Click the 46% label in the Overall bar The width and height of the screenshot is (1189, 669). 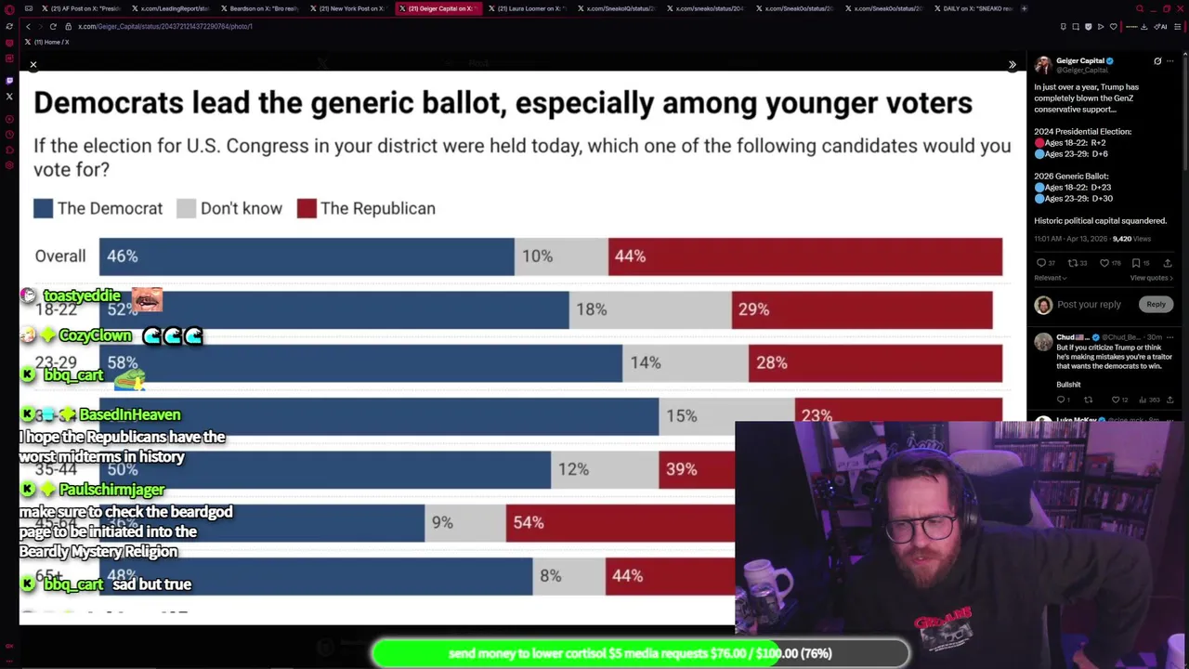coord(122,256)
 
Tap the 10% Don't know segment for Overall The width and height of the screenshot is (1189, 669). coord(537,256)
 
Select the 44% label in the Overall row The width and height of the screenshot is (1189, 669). coord(630,256)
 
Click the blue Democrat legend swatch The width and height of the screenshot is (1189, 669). coord(44,208)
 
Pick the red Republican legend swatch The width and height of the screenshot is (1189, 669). coord(307,208)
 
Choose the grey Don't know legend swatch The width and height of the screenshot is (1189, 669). coord(187,208)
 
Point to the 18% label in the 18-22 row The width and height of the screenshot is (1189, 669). coord(591,309)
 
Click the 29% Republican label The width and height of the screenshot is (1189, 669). coord(753,309)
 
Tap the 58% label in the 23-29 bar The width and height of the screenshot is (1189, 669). coord(123,362)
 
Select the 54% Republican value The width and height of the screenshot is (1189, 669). coord(528,523)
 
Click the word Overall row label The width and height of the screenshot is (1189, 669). coord(60,256)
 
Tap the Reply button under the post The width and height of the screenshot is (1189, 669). coord(1156,304)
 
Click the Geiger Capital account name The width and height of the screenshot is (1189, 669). coord(1079,61)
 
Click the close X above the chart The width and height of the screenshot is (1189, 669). coord(33,65)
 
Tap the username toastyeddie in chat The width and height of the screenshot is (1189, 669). coord(82,295)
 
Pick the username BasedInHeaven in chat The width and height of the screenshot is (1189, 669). coord(129,414)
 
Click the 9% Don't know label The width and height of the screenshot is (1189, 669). coord(442,523)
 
